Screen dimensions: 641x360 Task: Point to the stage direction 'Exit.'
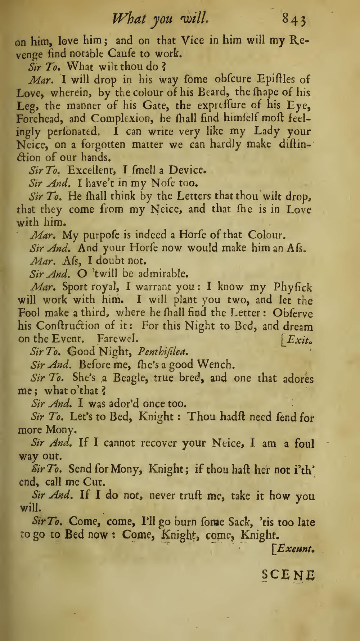click(x=299, y=339)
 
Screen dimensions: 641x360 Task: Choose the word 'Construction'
click(x=68, y=326)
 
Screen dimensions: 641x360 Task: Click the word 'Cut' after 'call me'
click(x=94, y=482)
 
